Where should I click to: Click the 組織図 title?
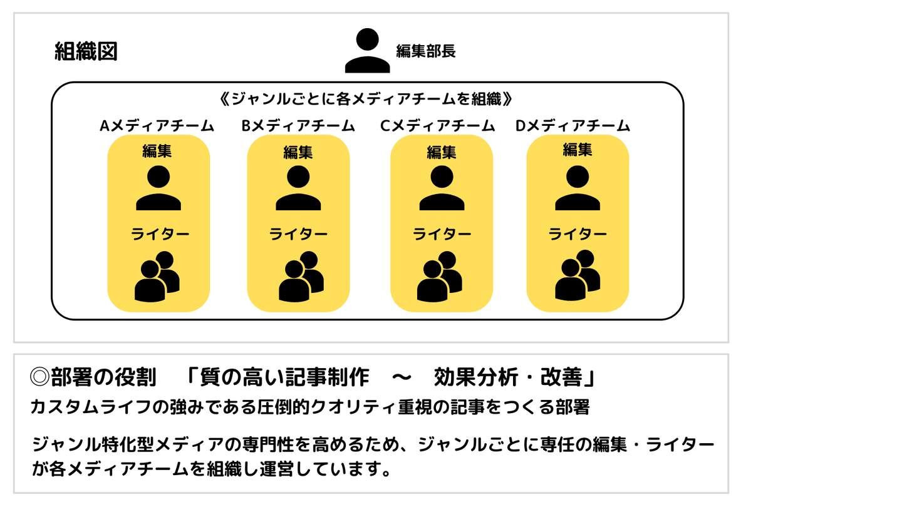[x=86, y=51]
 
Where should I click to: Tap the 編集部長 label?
[x=425, y=51]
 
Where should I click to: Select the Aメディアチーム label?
[x=157, y=126]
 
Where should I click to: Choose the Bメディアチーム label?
[x=298, y=126]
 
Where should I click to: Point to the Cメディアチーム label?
[x=437, y=126]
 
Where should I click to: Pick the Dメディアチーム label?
[x=573, y=126]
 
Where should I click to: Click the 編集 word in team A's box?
[x=157, y=151]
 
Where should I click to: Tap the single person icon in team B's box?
[x=298, y=188]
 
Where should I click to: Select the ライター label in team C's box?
[x=442, y=234]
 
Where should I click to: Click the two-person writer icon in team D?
[x=578, y=275]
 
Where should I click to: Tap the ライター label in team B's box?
[x=298, y=234]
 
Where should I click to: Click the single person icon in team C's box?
[x=442, y=188]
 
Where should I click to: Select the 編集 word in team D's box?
[x=578, y=150]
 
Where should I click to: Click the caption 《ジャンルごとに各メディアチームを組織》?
[x=368, y=99]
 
